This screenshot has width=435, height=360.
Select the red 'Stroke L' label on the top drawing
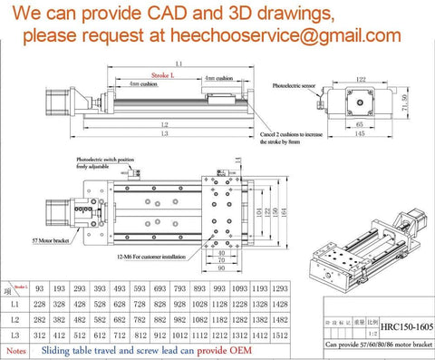pyautogui.click(x=160, y=76)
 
